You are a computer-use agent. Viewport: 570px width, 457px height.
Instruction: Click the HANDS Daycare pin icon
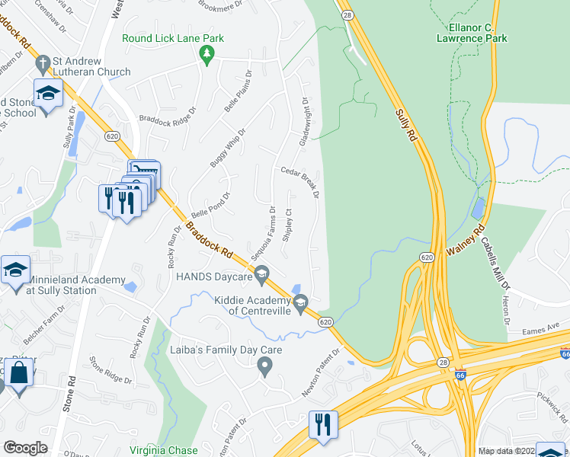point(261,274)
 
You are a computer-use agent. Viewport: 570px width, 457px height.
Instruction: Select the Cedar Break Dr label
point(298,183)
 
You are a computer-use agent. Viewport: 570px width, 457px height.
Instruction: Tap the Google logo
point(25,448)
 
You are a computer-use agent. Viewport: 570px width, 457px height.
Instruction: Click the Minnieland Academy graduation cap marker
point(16,271)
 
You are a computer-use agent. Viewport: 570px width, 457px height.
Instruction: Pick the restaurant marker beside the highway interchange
point(322,423)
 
